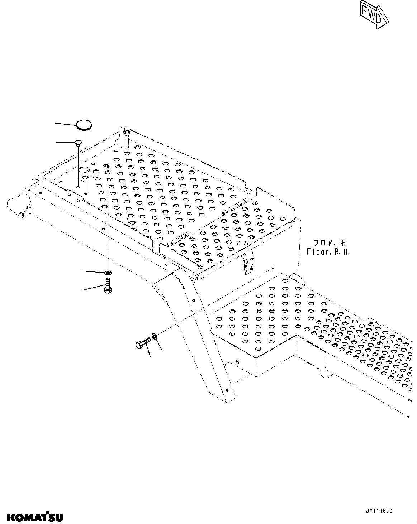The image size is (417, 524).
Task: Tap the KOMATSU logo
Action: (x=35, y=517)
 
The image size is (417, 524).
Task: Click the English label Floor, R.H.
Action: (x=328, y=252)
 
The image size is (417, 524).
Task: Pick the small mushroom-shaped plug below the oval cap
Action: (x=78, y=143)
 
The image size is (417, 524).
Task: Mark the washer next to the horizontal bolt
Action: (x=154, y=336)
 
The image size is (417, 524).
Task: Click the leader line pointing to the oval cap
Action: (x=65, y=123)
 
